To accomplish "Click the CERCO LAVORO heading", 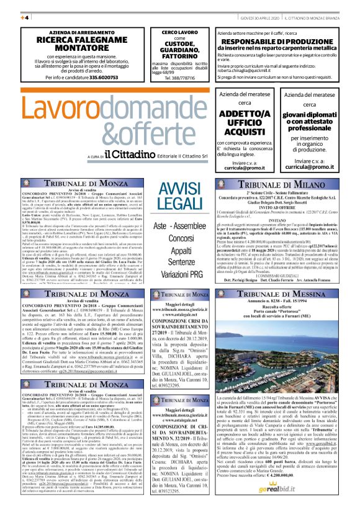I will pyautogui.click(x=178, y=32).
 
